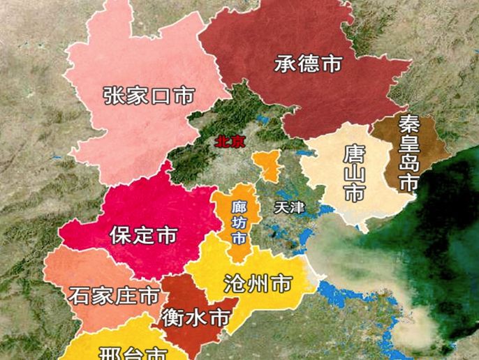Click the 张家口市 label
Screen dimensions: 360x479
(x=147, y=96)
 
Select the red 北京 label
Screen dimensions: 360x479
(x=230, y=141)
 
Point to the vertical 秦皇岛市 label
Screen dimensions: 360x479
(x=408, y=153)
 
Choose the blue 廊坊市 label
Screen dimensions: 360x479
(x=239, y=222)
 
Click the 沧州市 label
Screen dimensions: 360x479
(x=257, y=283)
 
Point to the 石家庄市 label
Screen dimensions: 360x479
(x=114, y=296)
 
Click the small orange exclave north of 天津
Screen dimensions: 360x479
(x=266, y=165)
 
